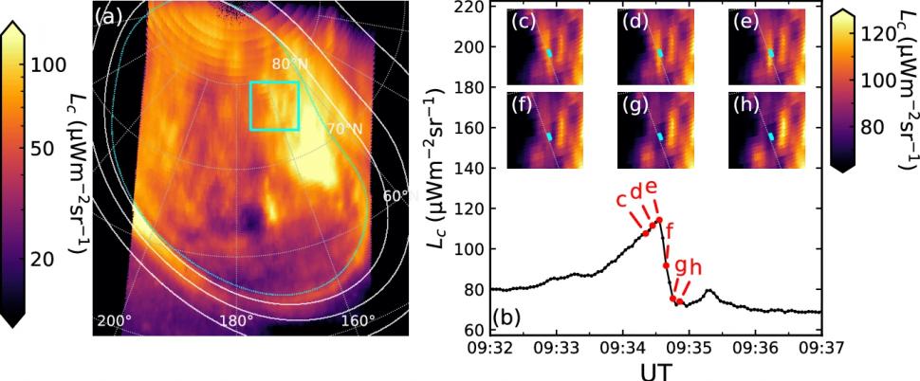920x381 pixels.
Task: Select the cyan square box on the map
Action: (x=274, y=105)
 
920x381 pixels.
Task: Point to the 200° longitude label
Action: (x=115, y=320)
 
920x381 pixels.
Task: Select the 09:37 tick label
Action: (x=820, y=349)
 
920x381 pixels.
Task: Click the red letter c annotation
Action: (x=621, y=199)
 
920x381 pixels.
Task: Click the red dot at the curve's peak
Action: (x=658, y=220)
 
